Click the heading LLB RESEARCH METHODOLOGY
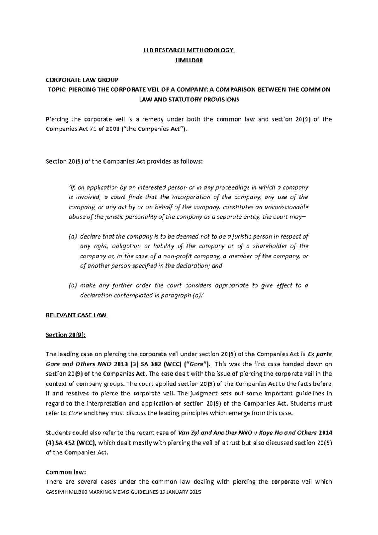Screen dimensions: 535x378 [189, 50]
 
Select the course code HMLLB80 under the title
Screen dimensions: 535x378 [189, 60]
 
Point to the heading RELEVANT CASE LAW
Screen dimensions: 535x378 [77, 315]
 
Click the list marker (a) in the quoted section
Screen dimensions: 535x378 [72, 237]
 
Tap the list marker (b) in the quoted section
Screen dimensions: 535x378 [72, 286]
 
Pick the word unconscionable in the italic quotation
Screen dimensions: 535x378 [288, 207]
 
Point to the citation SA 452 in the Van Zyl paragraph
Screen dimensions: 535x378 [66, 443]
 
